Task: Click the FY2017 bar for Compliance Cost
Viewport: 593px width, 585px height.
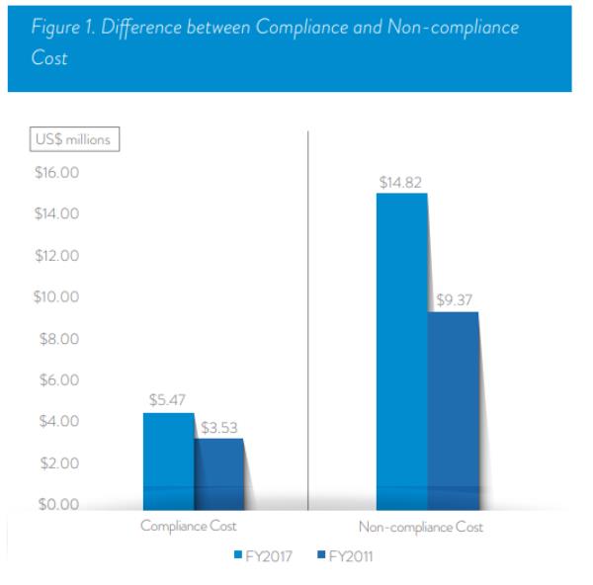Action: point(169,460)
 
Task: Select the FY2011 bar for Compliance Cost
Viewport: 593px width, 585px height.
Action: point(218,472)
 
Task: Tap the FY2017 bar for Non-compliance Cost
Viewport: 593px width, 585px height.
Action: point(401,351)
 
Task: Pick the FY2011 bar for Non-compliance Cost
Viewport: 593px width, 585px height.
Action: point(452,410)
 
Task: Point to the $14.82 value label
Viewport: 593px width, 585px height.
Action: point(399,183)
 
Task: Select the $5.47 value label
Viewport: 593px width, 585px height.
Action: point(168,401)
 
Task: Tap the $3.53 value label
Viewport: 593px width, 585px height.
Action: point(218,428)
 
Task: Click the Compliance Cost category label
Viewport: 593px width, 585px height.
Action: point(189,527)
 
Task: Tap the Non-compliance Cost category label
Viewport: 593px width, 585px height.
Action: point(421,527)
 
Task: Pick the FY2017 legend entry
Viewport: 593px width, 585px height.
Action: point(263,556)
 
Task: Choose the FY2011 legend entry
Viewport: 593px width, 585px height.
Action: point(346,556)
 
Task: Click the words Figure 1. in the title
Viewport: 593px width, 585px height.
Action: point(61,28)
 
